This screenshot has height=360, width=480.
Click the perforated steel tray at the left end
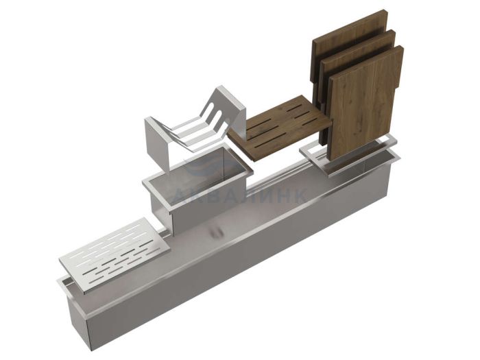115,254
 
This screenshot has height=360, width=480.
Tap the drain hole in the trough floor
216,232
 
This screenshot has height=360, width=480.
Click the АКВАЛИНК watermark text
239,195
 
